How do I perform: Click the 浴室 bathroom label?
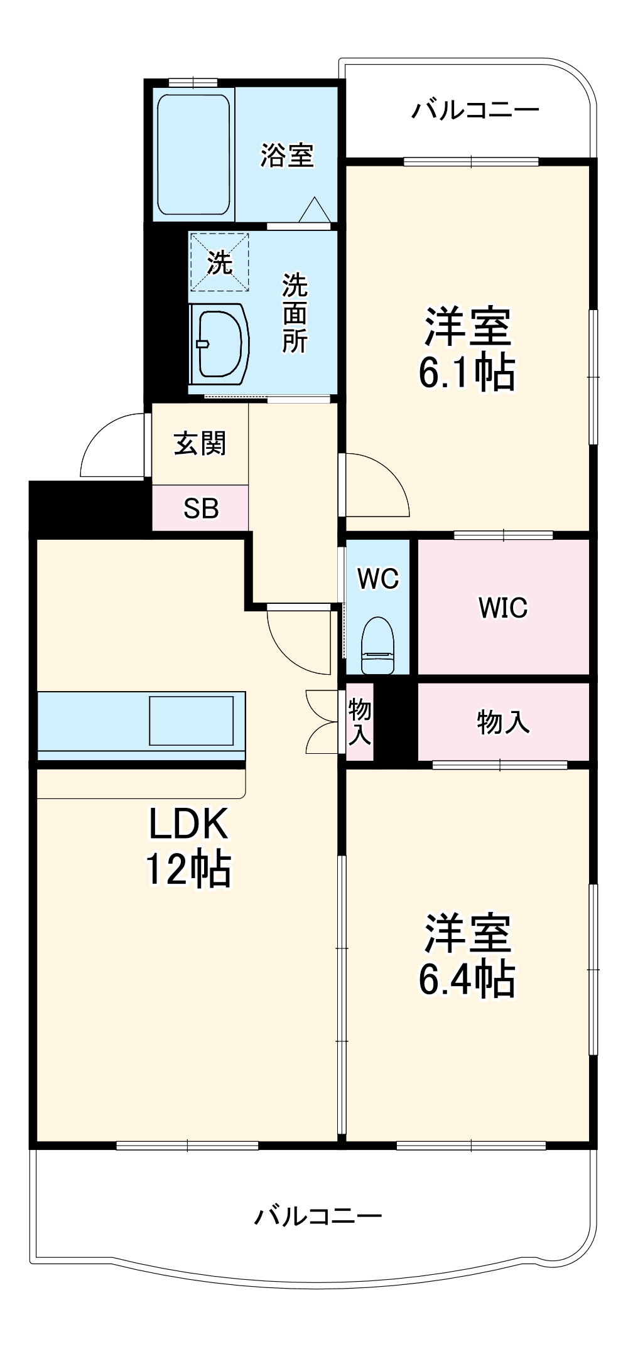click(287, 155)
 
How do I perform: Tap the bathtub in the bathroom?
click(193, 154)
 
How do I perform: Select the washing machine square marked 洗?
click(220, 262)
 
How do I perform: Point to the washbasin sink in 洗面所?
click(219, 343)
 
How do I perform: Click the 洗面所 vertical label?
click(295, 313)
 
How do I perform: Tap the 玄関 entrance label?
click(200, 444)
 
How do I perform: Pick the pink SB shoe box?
click(200, 508)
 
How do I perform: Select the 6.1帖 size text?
click(467, 373)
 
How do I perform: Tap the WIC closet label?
click(503, 608)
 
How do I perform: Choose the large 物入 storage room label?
click(503, 722)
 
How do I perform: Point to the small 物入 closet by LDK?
click(360, 722)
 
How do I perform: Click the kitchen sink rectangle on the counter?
click(191, 720)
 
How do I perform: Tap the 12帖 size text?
click(188, 869)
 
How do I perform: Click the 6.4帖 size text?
click(467, 980)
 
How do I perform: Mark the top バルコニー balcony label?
click(475, 111)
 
